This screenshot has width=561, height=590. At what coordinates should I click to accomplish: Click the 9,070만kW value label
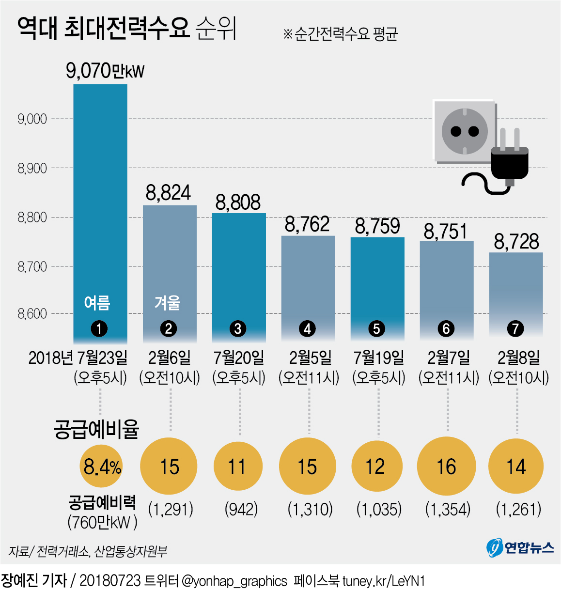click(x=105, y=71)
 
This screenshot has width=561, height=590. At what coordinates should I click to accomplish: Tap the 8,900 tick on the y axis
click(x=32, y=168)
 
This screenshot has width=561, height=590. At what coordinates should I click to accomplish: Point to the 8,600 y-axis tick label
click(x=32, y=313)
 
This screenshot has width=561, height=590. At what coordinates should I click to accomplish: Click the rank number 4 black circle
click(x=307, y=329)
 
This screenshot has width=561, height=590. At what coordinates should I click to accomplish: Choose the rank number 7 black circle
click(x=515, y=329)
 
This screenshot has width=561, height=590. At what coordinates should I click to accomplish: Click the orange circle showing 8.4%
click(x=101, y=466)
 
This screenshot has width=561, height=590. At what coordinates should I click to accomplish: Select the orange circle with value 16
click(x=446, y=466)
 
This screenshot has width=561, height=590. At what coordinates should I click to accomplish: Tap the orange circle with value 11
click(x=238, y=466)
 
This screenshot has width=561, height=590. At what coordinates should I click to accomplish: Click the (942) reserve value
click(x=241, y=509)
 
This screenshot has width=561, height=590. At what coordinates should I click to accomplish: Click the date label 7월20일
click(x=239, y=357)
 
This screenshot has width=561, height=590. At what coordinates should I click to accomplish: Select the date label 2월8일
click(x=518, y=357)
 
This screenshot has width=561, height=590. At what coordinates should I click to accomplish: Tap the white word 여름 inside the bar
click(x=97, y=303)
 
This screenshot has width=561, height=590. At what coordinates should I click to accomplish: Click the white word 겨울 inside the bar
click(x=168, y=303)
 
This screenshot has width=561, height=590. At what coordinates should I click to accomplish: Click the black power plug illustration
click(x=509, y=160)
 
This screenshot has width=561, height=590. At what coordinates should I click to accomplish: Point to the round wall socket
click(x=464, y=131)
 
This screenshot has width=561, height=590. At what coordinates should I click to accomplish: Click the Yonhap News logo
click(x=519, y=548)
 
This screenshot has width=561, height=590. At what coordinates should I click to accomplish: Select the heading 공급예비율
click(x=96, y=429)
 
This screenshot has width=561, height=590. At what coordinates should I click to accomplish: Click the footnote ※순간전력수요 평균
click(x=340, y=33)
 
